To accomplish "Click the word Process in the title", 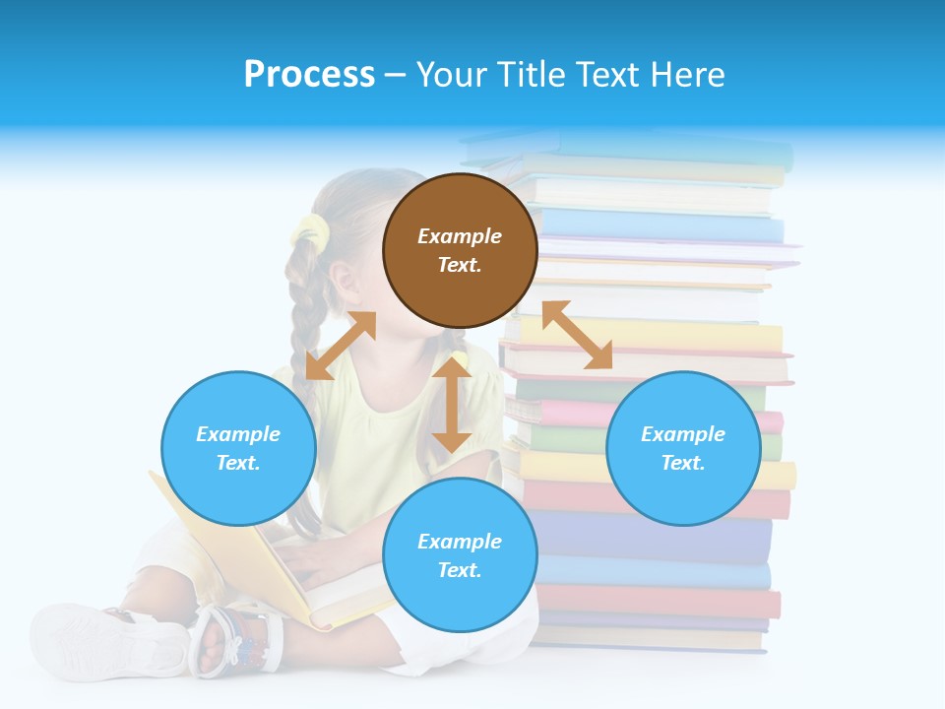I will coord(309,75).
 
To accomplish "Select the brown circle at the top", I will coord(460,251).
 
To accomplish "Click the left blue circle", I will coord(238,448).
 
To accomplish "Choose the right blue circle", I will coord(683,448).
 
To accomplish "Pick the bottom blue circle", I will coord(460,555).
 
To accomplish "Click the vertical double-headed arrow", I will coord(452,405).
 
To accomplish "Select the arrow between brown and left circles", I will coord(341,346).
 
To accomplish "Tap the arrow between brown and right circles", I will coord(577,335).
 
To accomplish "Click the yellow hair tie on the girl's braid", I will coord(310,232).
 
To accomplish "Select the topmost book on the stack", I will coord(630,148).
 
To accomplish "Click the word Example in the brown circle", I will coord(460,236).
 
